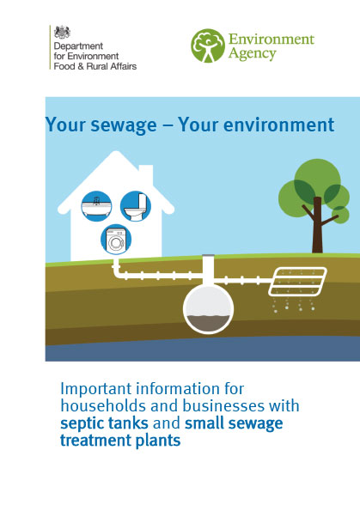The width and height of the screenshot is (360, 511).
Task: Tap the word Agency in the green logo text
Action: tap(253, 54)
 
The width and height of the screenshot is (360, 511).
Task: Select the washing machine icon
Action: tap(116, 240)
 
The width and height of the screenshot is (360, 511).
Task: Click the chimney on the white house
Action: tap(146, 175)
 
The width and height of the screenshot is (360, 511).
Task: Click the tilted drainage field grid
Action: tap(299, 283)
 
